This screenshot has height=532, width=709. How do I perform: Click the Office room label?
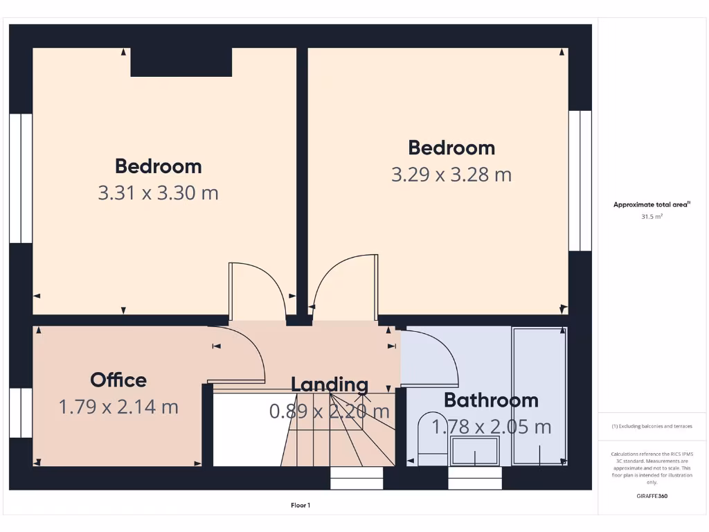point(118,380)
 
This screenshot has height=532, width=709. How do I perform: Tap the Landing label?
point(330,384)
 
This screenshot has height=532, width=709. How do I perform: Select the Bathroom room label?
point(491,400)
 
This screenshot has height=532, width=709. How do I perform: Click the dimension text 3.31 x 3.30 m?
point(159,193)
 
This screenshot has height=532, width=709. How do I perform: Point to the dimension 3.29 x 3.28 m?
point(451,175)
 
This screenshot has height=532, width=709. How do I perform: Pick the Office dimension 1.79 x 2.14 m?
point(118,407)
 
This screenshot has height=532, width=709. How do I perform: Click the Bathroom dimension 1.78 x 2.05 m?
point(492,427)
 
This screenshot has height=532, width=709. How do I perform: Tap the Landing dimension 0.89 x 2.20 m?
point(330,411)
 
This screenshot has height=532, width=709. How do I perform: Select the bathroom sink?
point(476,452)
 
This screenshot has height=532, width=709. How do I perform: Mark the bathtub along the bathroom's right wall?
point(539,396)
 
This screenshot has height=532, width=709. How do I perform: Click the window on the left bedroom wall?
point(21,178)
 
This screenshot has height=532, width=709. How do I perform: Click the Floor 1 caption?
point(300,506)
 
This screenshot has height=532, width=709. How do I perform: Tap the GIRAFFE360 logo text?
point(652,496)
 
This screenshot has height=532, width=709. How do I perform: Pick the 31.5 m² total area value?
point(652,217)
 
